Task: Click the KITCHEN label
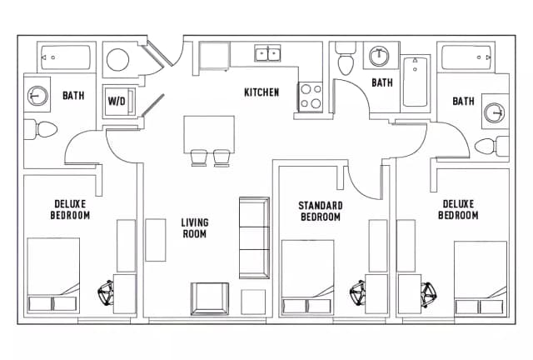pos(261,92)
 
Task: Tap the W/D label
pos(117,101)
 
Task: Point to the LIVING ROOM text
pos(195,228)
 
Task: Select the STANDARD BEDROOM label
pos(321,211)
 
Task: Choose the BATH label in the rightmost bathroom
pos(463,102)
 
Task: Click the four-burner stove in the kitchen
pos(310,97)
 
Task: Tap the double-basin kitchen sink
pos(268,54)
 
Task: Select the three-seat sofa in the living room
pos(254,237)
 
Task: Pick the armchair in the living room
pos(209,298)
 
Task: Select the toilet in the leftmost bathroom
pos(41,129)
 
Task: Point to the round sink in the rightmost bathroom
pos(495,112)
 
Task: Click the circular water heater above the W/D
pos(117,61)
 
